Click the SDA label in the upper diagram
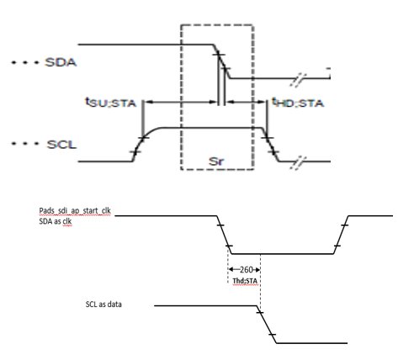tap(61, 62)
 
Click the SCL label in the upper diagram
tap(61, 145)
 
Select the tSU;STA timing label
tap(110, 102)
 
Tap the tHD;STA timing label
tap(298, 103)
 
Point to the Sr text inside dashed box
tap(216, 161)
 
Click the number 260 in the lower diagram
tap(246, 269)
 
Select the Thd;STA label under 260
tap(245, 281)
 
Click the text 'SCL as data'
tap(103, 304)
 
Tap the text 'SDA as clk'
tap(56, 221)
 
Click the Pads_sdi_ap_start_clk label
tap(75, 211)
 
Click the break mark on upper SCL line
tap(298, 161)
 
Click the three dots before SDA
tap(24, 62)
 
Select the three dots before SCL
tap(24, 144)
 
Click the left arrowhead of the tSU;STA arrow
tap(149, 103)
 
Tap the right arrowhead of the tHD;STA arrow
tap(263, 103)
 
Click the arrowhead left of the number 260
tap(231, 269)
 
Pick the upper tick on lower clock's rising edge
tap(344, 225)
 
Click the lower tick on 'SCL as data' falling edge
tap(272, 335)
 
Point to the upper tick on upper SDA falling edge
tap(219, 54)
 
